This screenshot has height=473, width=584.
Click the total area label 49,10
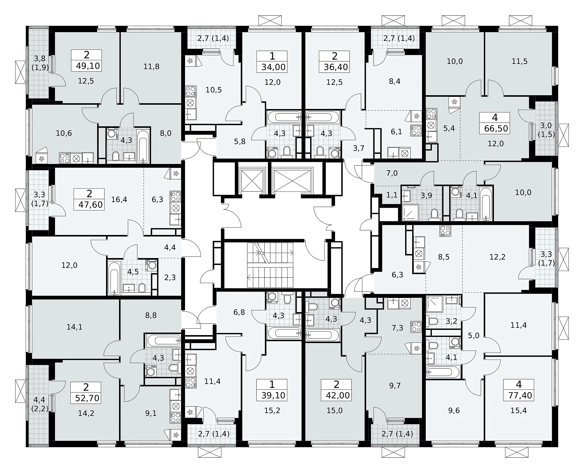tap(88, 66)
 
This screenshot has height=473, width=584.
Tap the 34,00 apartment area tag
tap(273, 67)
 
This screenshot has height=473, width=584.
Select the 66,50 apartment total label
tap(496, 128)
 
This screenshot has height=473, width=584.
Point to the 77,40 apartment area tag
tap(520, 395)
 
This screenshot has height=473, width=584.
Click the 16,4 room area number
tap(119, 200)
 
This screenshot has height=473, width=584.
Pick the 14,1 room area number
tap(74, 327)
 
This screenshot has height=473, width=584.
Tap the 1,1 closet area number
tap(392, 195)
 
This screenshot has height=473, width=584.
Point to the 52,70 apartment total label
tap(87, 398)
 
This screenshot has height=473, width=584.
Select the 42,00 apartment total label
tap(337, 395)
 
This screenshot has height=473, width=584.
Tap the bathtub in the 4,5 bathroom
tap(114, 277)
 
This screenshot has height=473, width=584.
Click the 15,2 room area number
tap(272, 411)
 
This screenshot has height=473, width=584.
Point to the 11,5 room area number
tap(519, 61)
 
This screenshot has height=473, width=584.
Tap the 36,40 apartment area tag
tap(335, 67)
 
